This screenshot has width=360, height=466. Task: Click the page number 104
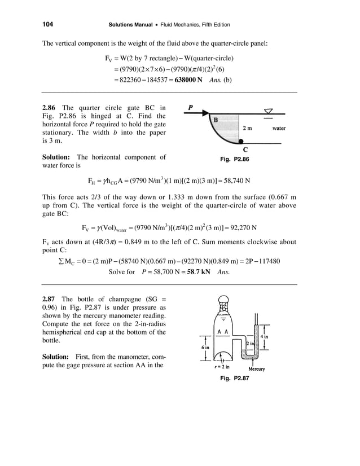[47, 25]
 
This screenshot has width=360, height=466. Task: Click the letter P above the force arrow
[191, 105]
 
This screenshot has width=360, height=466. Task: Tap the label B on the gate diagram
[215, 119]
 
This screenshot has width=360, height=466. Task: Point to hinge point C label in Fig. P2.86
[244, 150]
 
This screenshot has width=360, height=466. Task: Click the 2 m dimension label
[247, 128]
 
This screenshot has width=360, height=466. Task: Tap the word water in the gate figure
[279, 128]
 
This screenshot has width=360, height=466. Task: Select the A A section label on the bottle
[222, 332]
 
